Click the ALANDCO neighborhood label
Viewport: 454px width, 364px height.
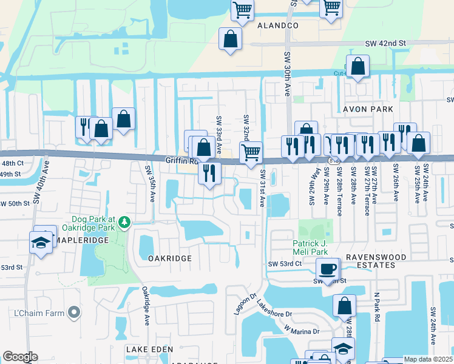(278, 26)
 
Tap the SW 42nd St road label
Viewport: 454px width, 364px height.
(385, 44)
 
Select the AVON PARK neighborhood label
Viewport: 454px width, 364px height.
(368, 109)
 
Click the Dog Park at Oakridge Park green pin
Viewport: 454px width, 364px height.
(124, 222)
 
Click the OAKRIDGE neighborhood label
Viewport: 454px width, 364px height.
(170, 258)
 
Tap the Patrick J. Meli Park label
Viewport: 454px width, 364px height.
(314, 247)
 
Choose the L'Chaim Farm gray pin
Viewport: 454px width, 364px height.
(74, 312)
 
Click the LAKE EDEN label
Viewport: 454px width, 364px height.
(149, 349)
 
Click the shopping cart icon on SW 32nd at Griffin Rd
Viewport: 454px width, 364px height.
(251, 151)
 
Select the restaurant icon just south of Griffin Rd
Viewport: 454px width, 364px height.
(209, 172)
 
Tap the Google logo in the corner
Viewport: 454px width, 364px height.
(20, 357)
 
